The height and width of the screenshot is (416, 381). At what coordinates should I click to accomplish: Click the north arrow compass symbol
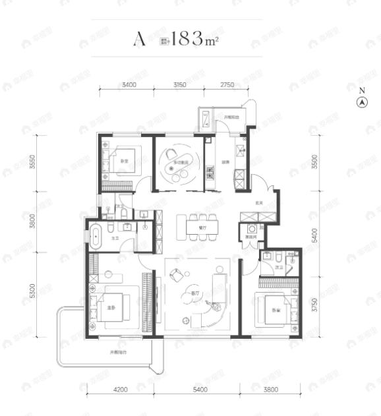pyautogui.click(x=361, y=102)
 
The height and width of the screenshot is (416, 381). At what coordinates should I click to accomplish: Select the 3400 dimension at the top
pyautogui.click(x=128, y=84)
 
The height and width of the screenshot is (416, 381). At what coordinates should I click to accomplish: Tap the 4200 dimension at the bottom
pyautogui.click(x=119, y=390)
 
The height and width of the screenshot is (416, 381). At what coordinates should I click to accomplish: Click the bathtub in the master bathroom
pyautogui.click(x=96, y=235)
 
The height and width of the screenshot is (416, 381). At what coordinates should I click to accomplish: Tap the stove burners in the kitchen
pyautogui.click(x=211, y=174)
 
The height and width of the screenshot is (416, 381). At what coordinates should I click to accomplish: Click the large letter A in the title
pyautogui.click(x=139, y=40)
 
